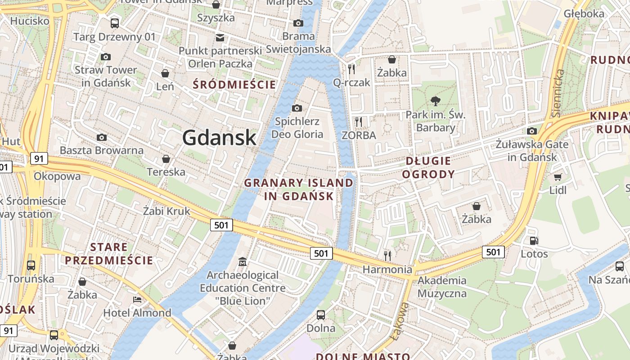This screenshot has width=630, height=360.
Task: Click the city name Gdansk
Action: tap(219, 138)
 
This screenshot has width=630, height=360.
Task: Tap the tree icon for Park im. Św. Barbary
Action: tap(435, 101)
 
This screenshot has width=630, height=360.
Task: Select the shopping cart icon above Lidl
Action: tap(558, 177)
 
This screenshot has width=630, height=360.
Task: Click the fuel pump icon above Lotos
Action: tap(535, 241)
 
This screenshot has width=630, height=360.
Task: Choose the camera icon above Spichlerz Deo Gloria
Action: tap(297, 108)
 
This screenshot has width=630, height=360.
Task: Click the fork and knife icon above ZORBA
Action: tap(359, 122)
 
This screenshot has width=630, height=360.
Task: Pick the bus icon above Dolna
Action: tap(321, 315)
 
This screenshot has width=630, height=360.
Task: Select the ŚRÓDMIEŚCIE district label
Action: tap(234, 84)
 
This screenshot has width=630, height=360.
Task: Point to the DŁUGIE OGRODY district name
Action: tap(428, 167)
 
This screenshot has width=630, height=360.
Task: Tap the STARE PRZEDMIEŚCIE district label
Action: tap(109, 254)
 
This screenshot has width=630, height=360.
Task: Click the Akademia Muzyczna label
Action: tap(442, 287)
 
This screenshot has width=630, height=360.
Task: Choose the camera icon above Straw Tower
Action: tap(106, 57)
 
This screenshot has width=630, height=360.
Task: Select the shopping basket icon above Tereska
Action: tap(166, 159)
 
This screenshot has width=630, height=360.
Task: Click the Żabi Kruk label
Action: tap(166, 211)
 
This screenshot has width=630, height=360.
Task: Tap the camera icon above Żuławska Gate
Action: tap(532, 131)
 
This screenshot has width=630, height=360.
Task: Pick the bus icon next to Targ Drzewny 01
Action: tap(115, 23)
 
